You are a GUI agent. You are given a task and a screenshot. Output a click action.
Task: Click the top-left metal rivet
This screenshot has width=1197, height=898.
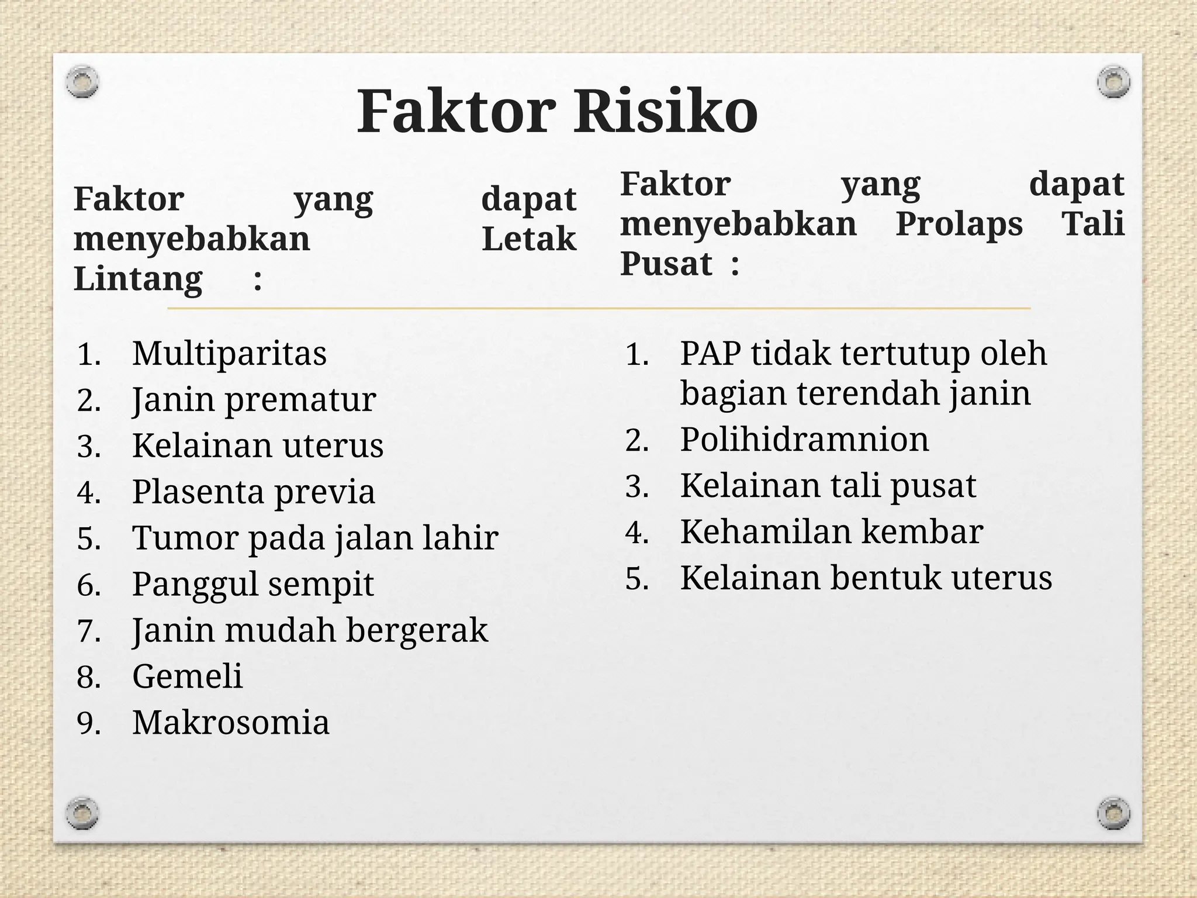82,81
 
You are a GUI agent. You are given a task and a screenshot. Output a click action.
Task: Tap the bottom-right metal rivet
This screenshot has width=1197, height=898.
1113,813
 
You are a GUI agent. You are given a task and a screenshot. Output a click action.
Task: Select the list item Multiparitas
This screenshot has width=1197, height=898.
229,354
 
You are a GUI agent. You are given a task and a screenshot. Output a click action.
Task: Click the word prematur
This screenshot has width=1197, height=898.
300,400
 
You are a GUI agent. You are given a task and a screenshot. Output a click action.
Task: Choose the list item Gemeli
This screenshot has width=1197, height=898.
187,676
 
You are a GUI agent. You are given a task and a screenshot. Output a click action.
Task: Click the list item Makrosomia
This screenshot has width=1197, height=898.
231,723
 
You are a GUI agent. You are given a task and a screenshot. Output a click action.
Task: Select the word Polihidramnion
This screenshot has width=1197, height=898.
804,440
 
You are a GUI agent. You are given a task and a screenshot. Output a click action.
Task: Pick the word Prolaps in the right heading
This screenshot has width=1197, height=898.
959,224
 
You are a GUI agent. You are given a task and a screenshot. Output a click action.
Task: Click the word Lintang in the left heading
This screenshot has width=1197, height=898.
138,279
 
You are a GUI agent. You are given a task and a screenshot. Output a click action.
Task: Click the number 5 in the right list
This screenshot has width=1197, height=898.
636,579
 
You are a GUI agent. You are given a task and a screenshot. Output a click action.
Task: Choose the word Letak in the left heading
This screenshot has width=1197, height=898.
529,239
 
